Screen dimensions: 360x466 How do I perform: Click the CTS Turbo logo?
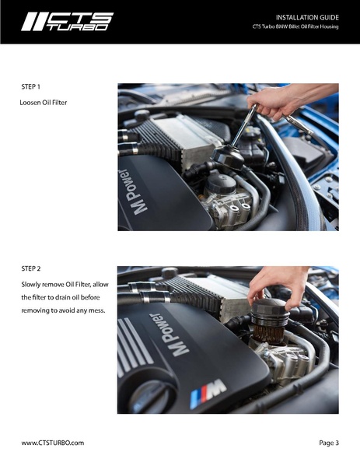coord(68,22)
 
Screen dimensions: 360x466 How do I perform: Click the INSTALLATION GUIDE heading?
coord(307,18)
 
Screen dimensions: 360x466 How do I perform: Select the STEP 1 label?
coord(30,87)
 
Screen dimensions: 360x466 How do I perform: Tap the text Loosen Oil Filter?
coord(44,103)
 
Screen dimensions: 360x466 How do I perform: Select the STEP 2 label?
coord(31,268)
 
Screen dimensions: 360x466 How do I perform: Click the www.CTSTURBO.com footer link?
coord(53,443)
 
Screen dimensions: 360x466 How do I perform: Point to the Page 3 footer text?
coord(329,443)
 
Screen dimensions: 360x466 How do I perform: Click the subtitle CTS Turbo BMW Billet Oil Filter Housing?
coord(295,26)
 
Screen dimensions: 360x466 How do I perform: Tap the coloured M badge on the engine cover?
coord(208,393)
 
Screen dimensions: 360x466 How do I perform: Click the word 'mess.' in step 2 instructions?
coord(97,311)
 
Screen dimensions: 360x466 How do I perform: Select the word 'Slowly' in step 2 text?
coord(30,285)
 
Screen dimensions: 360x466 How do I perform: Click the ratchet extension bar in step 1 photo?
coord(244,124)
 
